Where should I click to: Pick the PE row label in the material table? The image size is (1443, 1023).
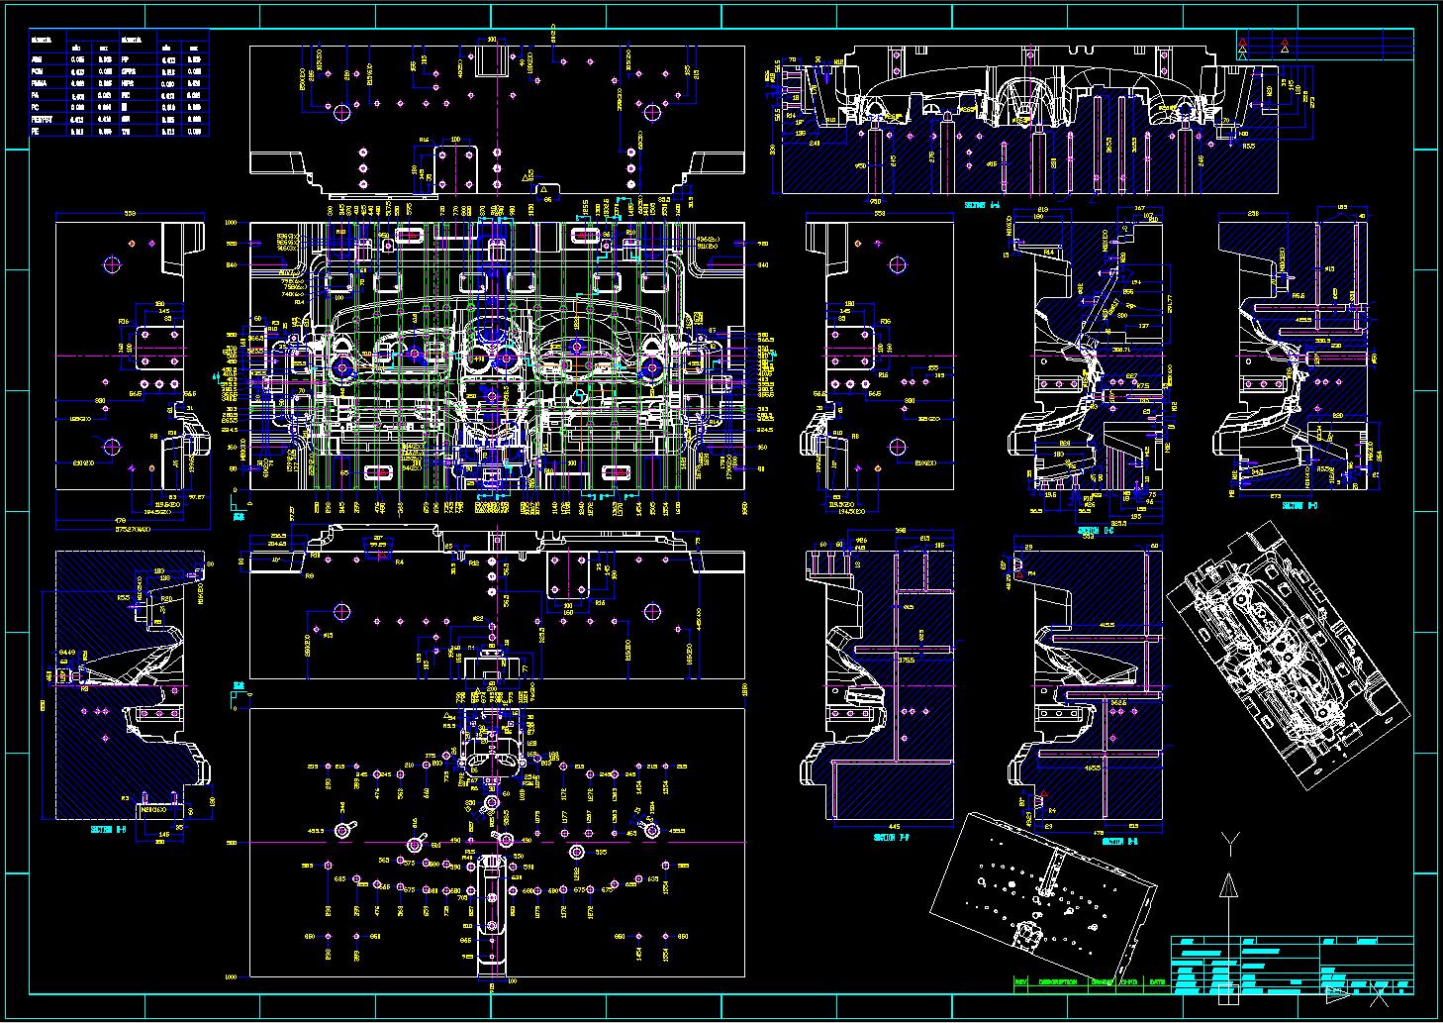[36, 130]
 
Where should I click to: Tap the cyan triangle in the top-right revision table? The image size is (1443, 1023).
[1243, 55]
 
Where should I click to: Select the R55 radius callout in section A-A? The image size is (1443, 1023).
[1248, 146]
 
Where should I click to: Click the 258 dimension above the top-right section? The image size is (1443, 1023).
[1252, 214]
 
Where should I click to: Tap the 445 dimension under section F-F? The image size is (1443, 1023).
[867, 826]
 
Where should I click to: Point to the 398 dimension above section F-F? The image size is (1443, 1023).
[900, 531]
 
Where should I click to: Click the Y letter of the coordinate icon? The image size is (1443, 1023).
[1228, 843]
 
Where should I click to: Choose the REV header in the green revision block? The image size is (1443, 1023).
[1022, 982]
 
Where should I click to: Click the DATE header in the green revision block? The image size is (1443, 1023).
[1157, 982]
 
